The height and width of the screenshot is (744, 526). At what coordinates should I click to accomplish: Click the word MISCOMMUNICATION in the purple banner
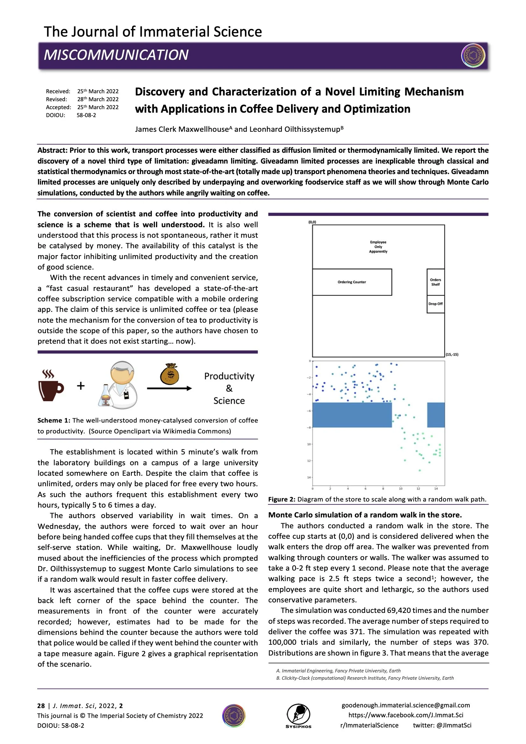click(116, 55)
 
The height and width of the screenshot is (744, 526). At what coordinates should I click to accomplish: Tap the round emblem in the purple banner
click(473, 55)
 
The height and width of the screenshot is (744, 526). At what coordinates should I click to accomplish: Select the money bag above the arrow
click(170, 374)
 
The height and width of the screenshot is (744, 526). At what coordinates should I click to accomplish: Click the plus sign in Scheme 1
click(81, 386)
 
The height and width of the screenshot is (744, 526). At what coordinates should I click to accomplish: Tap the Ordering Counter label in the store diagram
click(352, 282)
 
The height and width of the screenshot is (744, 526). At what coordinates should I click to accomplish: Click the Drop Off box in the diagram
click(435, 304)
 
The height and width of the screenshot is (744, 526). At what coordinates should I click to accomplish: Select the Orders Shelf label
click(435, 282)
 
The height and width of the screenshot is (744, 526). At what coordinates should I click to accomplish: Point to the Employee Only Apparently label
click(378, 247)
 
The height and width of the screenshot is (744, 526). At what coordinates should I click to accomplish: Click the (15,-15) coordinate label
click(452, 354)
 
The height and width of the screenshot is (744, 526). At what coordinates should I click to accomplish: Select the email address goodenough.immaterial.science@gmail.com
click(405, 705)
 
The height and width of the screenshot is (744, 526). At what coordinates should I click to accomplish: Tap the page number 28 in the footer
click(41, 706)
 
